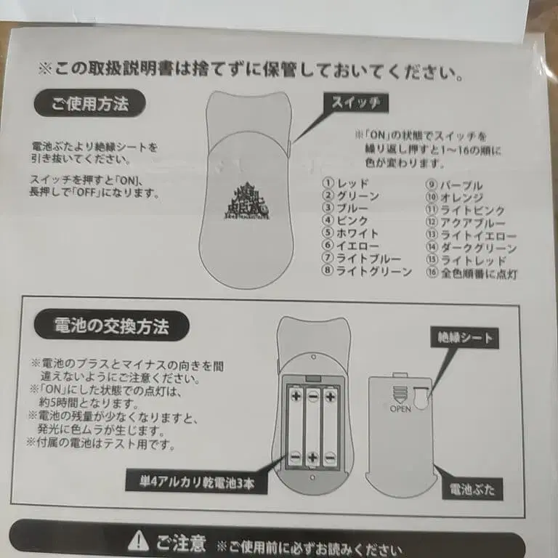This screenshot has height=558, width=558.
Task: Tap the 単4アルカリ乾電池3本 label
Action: click(194, 481)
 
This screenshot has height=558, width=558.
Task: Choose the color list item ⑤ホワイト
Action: click(351, 234)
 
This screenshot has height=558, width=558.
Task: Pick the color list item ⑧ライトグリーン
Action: click(367, 272)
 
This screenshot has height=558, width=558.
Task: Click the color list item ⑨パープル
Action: click(455, 185)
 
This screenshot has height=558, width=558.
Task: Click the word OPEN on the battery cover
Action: click(400, 409)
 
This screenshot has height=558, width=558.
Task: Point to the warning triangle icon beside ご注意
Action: click(138, 541)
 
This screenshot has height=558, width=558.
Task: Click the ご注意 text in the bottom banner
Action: click(180, 542)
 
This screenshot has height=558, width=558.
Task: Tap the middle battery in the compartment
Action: click(312, 426)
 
